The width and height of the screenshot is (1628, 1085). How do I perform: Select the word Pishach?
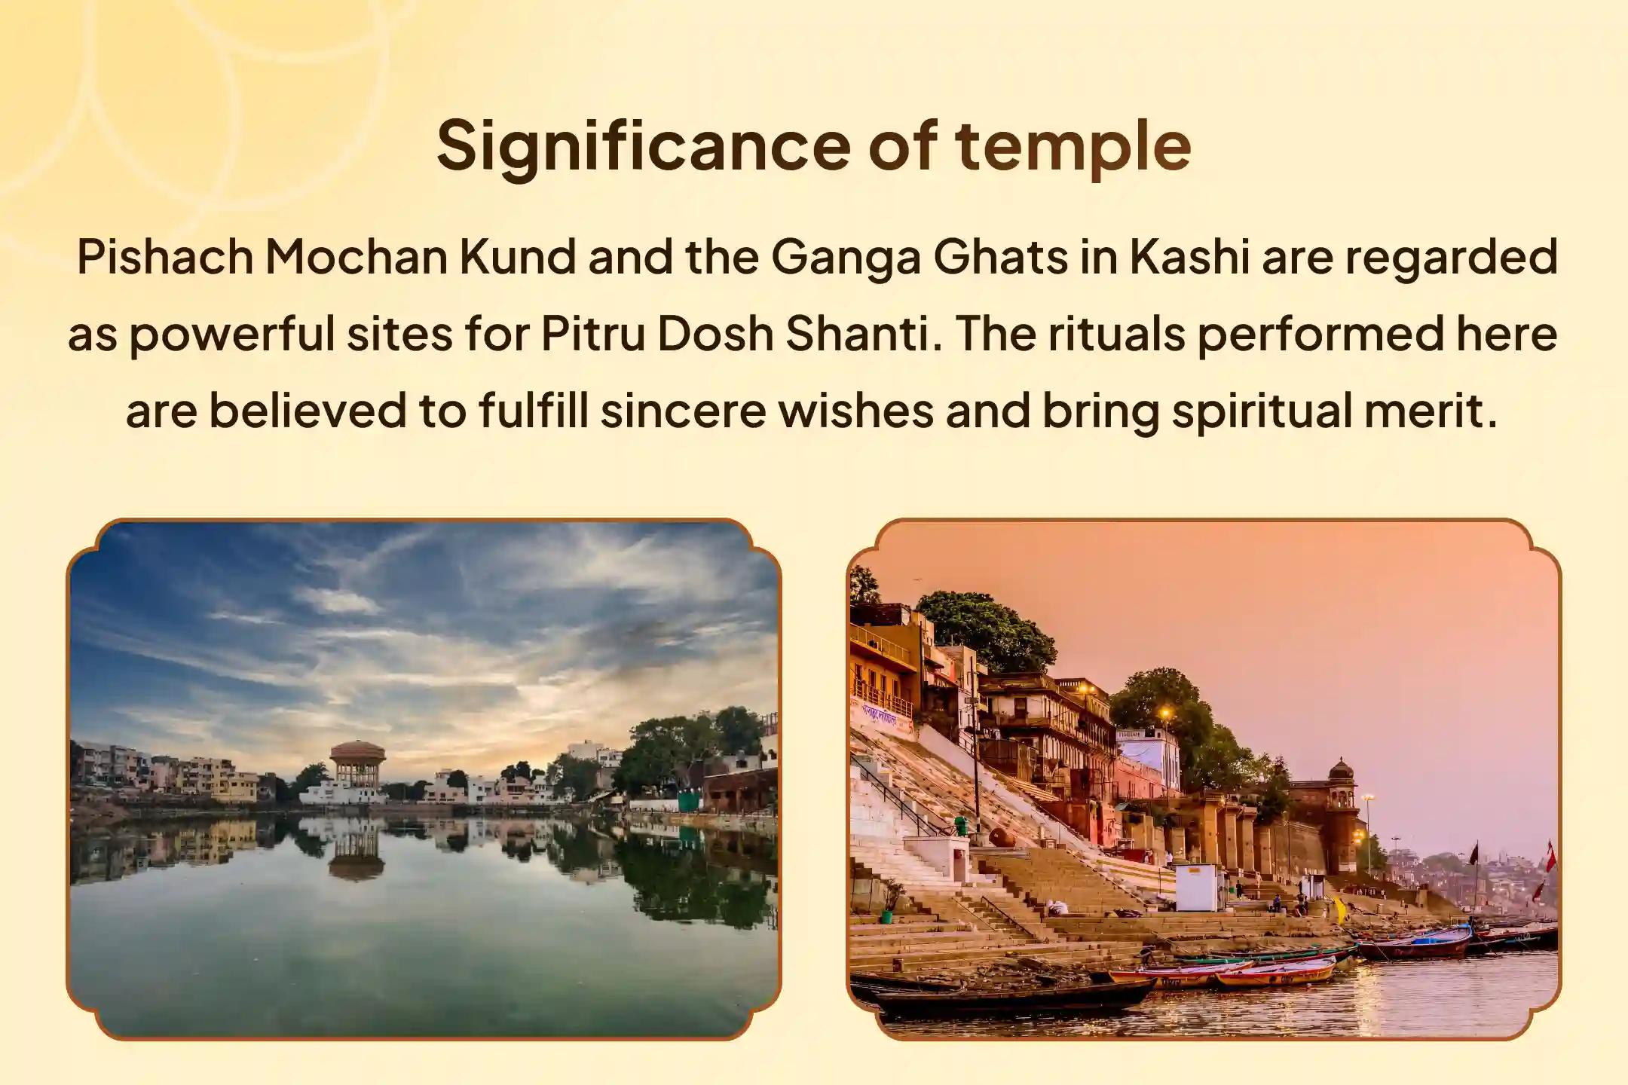click(165, 258)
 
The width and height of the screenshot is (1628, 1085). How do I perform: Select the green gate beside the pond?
click(690, 800)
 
